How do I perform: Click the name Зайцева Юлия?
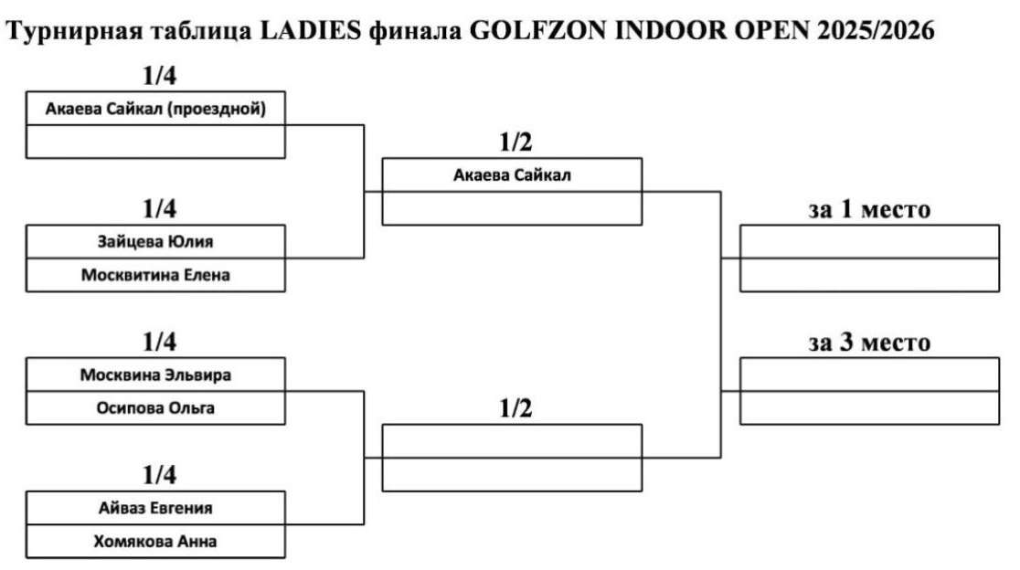(155, 242)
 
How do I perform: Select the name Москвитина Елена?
(155, 274)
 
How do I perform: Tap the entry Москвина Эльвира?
(155, 375)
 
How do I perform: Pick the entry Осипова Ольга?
(155, 408)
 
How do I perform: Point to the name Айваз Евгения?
(155, 508)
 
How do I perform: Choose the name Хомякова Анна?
(155, 542)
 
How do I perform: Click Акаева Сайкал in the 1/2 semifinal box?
(512, 175)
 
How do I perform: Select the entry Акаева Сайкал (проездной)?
(155, 110)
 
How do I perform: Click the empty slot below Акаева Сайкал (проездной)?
(155, 142)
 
